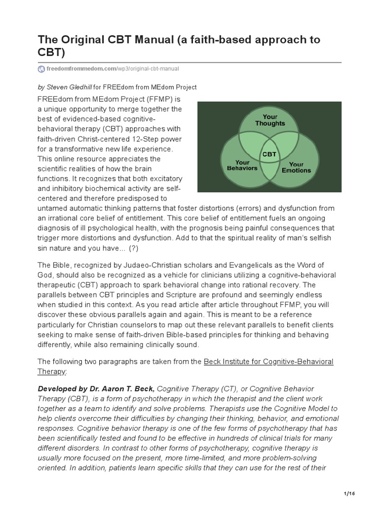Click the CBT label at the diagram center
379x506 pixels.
(x=269, y=154)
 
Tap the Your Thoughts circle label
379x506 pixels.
(x=269, y=120)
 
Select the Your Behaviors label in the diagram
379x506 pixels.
(x=242, y=165)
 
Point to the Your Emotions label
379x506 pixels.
(x=296, y=167)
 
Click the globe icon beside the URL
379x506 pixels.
(x=41, y=68)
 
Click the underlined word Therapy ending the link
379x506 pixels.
(x=51, y=371)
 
